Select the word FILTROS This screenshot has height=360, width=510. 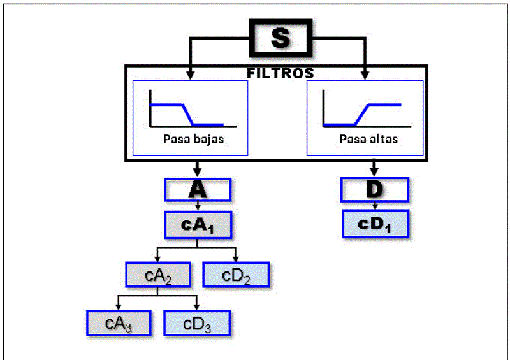[x=280, y=73]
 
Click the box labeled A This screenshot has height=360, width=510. [x=198, y=189]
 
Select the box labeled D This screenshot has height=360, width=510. [x=374, y=189]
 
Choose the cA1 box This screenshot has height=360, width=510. [x=198, y=224]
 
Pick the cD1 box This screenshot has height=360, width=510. [x=374, y=224]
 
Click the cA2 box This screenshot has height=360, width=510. [x=157, y=275]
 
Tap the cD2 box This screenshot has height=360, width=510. [x=236, y=275]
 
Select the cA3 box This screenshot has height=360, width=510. [x=118, y=324]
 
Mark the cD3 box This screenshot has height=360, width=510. [x=197, y=324]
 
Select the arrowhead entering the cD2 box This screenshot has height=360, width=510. [x=236, y=258]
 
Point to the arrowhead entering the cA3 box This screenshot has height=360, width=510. [x=119, y=307]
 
